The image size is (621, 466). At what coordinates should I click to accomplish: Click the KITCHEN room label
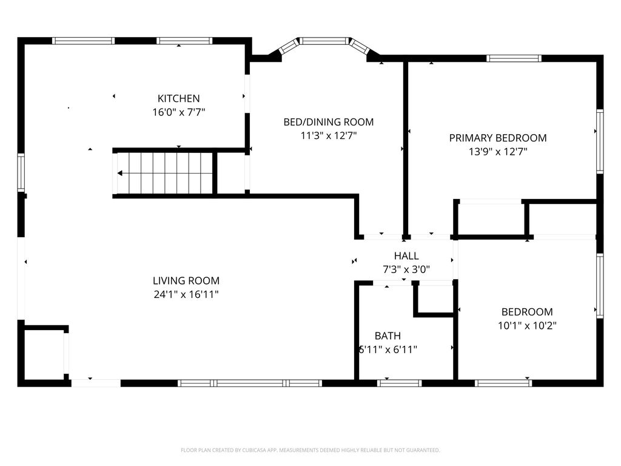(178, 98)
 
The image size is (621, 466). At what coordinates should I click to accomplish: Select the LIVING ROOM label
(186, 281)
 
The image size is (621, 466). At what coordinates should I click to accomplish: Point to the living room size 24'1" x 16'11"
(186, 295)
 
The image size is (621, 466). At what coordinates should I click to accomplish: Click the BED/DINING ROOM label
(328, 122)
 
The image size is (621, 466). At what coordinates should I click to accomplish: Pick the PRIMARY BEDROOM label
(497, 138)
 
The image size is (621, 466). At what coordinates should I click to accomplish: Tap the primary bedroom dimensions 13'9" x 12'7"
(497, 152)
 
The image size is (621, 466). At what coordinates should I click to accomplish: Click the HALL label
(406, 256)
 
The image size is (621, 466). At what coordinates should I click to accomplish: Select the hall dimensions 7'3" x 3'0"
(406, 270)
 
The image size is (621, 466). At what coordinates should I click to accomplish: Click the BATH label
(387, 336)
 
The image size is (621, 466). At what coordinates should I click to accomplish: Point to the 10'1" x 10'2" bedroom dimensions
(527, 326)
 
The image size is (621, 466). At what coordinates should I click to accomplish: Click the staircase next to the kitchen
(165, 173)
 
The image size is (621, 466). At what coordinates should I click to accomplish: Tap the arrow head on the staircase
(120, 174)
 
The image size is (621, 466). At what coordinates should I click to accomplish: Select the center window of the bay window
(325, 41)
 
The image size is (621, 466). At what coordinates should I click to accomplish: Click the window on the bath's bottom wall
(399, 383)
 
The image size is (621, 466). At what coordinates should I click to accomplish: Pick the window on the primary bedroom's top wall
(514, 59)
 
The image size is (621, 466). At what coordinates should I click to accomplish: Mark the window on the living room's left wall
(21, 173)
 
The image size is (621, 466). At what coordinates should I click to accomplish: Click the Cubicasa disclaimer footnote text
(310, 450)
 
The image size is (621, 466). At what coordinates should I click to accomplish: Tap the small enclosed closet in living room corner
(44, 355)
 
